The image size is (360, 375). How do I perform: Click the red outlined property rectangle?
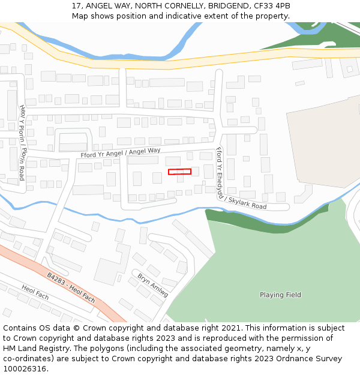pos(179,172)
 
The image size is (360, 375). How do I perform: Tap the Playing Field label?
pos(280,295)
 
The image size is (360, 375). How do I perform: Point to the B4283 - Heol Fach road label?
pos(71,287)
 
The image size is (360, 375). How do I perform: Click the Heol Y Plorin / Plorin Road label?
pos(22,142)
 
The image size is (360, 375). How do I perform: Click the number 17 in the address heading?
pos(76,5)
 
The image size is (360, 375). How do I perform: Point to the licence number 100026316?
pos(25,368)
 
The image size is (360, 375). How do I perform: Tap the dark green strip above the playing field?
pos(264,216)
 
